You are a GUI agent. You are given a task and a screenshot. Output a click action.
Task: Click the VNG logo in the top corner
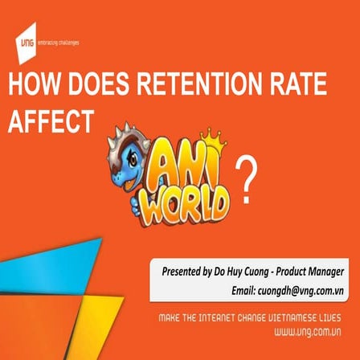(x=27, y=43)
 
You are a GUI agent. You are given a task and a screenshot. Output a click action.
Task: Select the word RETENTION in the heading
(x=191, y=87)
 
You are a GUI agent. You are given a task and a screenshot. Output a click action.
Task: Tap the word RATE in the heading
(x=301, y=87)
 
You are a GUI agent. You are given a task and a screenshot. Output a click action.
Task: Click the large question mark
(x=248, y=178)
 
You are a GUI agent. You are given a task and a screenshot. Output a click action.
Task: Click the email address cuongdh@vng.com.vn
(x=301, y=289)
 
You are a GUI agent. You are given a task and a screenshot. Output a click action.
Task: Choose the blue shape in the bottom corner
(x=48, y=265)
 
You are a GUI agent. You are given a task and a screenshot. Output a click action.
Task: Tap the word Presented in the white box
(x=181, y=272)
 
